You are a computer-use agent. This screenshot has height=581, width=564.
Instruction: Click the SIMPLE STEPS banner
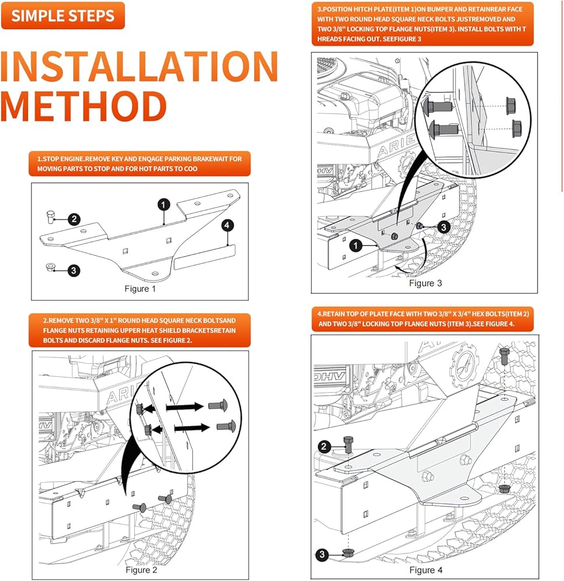(x=63, y=16)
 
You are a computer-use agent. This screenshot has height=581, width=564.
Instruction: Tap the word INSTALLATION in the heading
(x=140, y=67)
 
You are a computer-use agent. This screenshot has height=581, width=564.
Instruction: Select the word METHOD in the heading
(x=84, y=106)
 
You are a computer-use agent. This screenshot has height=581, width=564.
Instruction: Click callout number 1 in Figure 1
(x=165, y=204)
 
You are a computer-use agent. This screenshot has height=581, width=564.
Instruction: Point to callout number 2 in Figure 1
(x=74, y=219)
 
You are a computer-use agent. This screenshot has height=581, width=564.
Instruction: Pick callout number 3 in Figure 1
(x=74, y=270)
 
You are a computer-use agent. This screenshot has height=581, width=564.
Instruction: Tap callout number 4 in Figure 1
(x=228, y=224)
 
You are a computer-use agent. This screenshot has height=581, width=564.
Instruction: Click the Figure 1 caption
(x=140, y=288)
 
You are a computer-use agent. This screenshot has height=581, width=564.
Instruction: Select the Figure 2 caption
(x=141, y=570)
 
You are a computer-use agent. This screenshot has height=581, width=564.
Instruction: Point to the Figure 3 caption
(x=425, y=283)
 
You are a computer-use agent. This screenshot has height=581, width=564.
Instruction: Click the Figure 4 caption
(x=425, y=570)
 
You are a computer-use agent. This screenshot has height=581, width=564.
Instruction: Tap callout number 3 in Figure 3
(x=443, y=227)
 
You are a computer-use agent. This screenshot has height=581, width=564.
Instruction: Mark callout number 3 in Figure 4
(x=322, y=555)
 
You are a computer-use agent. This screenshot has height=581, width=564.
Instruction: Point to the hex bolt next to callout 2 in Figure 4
(x=348, y=445)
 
